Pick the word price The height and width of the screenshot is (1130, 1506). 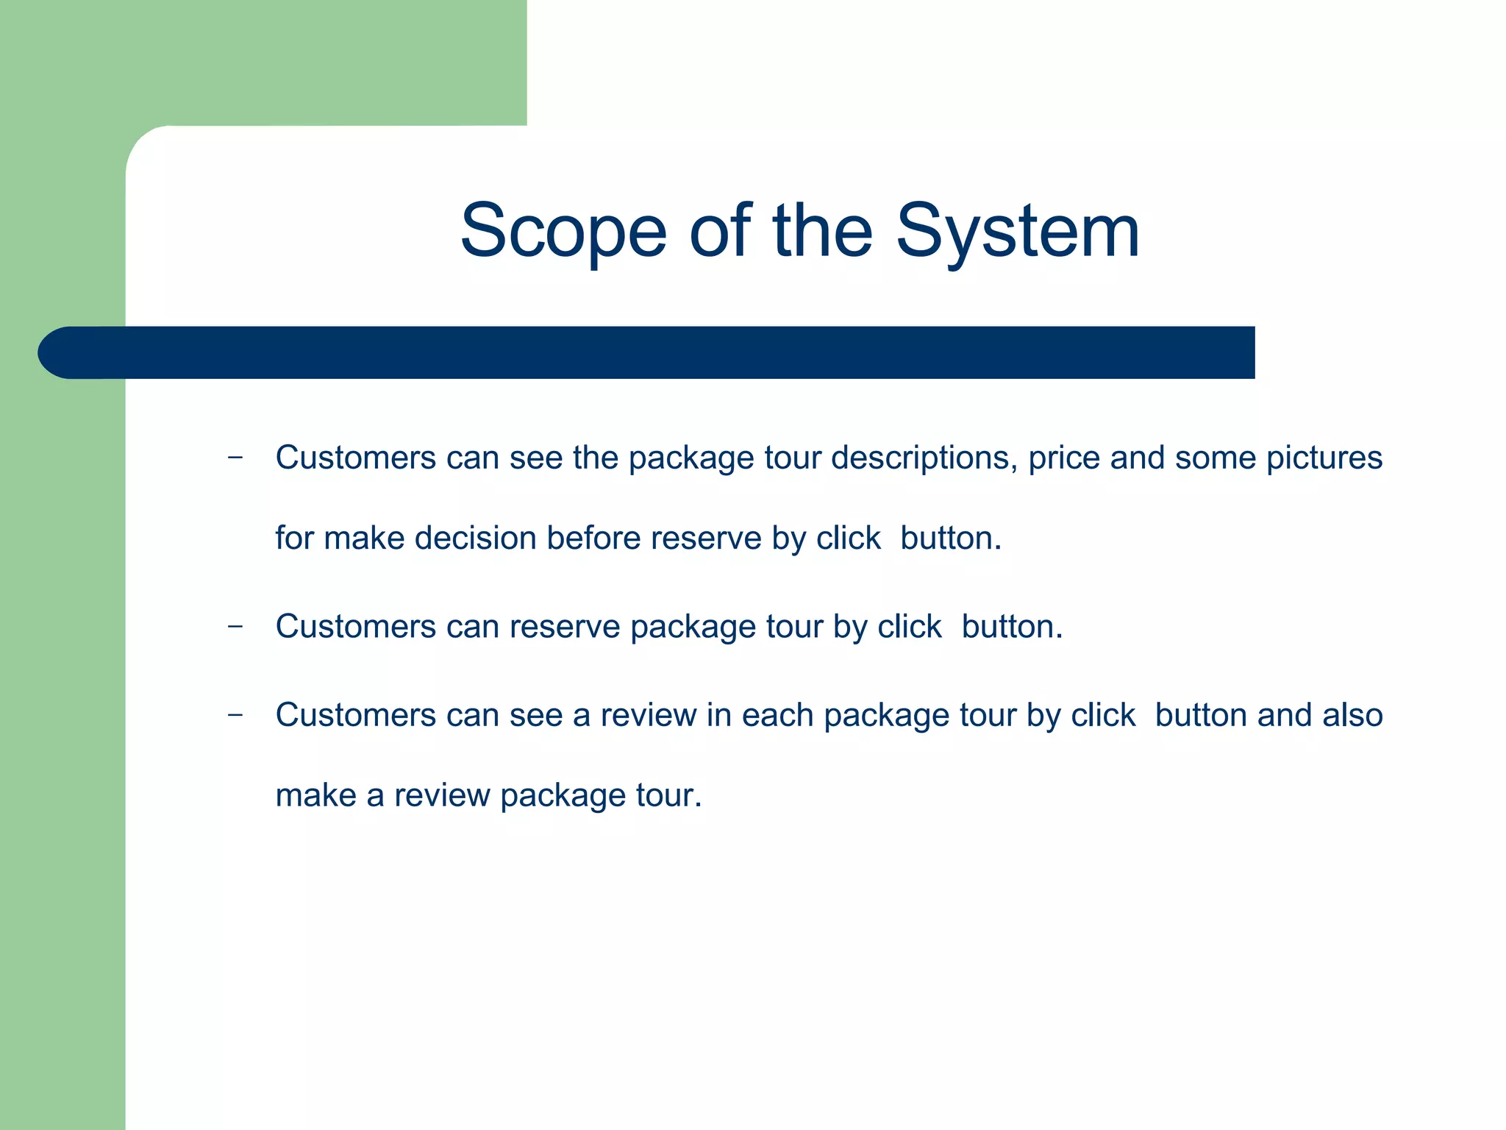click(1063, 458)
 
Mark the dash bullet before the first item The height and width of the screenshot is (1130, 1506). click(235, 458)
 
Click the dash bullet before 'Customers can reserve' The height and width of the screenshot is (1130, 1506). click(235, 627)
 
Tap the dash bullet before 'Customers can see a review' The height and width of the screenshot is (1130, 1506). click(235, 715)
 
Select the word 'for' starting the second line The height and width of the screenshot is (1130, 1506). click(294, 538)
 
